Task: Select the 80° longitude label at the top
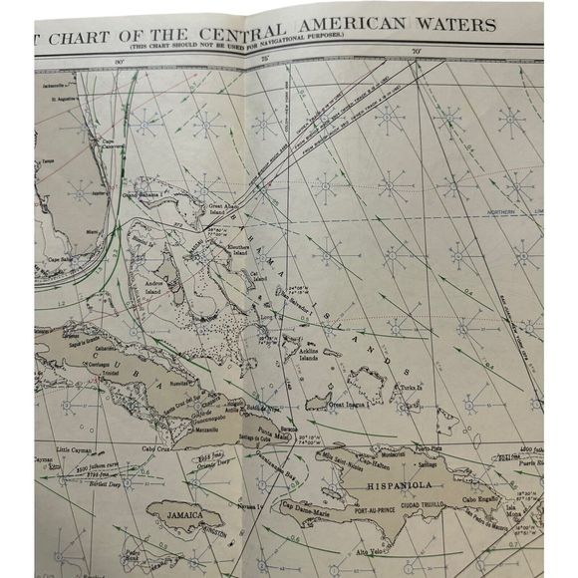click(x=119, y=63)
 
